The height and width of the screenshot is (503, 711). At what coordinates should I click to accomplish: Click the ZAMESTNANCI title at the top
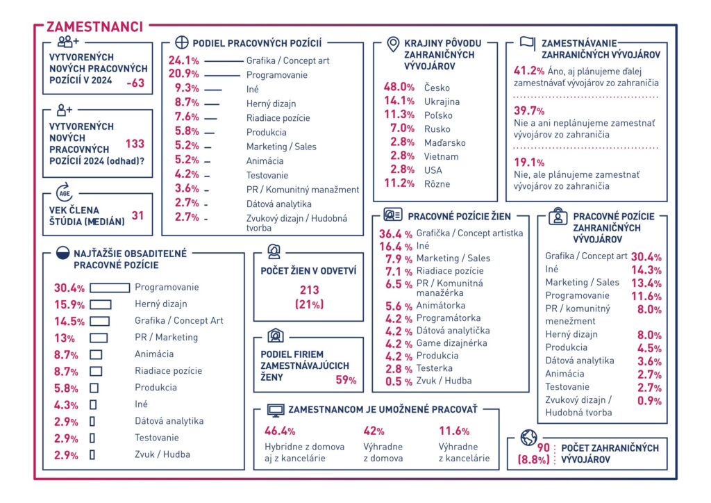coord(94,26)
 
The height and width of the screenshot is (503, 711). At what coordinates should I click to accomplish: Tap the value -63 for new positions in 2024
coord(135,83)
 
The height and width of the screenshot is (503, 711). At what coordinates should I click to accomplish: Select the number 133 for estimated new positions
coord(135,144)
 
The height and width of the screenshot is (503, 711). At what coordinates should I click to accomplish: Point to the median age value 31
coord(138,215)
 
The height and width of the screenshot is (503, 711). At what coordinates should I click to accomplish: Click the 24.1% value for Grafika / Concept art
coord(184,60)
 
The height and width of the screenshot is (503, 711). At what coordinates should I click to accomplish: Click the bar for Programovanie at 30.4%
coord(110,288)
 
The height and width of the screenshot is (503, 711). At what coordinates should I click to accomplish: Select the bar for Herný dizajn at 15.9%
coord(101,304)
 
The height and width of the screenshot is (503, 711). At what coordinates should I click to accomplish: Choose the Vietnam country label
coord(441,156)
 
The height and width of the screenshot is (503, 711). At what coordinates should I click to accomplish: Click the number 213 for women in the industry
coord(309,290)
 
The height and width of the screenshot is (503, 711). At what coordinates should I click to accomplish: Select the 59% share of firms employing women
coord(346,380)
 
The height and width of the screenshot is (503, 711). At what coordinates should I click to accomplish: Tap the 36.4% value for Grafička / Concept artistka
coord(394,233)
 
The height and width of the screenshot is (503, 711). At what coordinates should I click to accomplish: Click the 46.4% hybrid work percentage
coord(280,431)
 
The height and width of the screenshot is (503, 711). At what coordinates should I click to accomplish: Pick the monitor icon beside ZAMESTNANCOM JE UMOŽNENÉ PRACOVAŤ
coord(276,411)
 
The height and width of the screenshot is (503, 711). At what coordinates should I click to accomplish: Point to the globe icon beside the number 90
coord(528,438)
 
